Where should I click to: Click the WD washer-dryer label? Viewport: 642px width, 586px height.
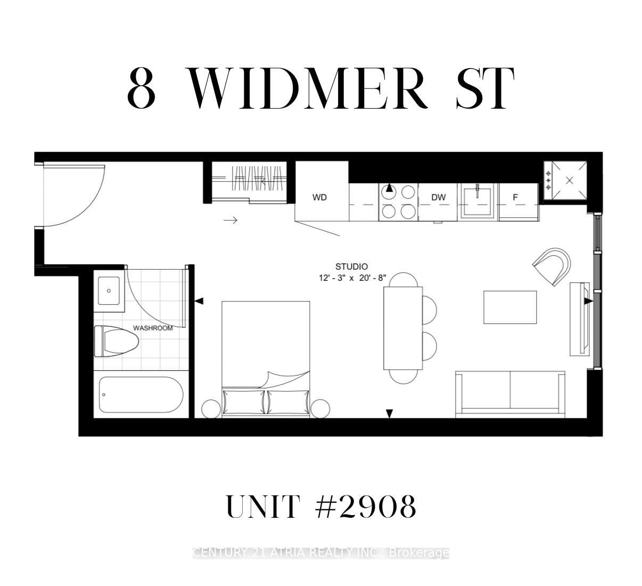(319, 197)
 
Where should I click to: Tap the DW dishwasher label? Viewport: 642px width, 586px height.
(438, 197)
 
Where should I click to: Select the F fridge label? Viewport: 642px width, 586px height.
(515, 197)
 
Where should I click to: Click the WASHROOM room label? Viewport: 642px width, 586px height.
(153, 328)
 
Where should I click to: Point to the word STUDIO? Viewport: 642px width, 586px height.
(351, 266)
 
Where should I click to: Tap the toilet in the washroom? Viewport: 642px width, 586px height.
(116, 341)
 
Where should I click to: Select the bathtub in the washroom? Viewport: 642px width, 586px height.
(141, 395)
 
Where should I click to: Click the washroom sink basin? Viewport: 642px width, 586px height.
(109, 291)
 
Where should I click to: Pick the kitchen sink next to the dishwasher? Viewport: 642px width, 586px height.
(477, 201)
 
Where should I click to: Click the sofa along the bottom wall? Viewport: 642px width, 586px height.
(510, 394)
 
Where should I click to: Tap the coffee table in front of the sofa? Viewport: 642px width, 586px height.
(510, 307)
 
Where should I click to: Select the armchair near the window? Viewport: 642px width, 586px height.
(552, 266)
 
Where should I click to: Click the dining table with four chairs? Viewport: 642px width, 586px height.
(404, 328)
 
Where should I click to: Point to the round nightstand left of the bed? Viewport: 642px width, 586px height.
(211, 409)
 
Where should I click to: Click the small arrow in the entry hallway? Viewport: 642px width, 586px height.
(231, 220)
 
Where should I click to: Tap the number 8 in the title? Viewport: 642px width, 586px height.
(141, 87)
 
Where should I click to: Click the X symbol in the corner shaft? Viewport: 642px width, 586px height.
(570, 181)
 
